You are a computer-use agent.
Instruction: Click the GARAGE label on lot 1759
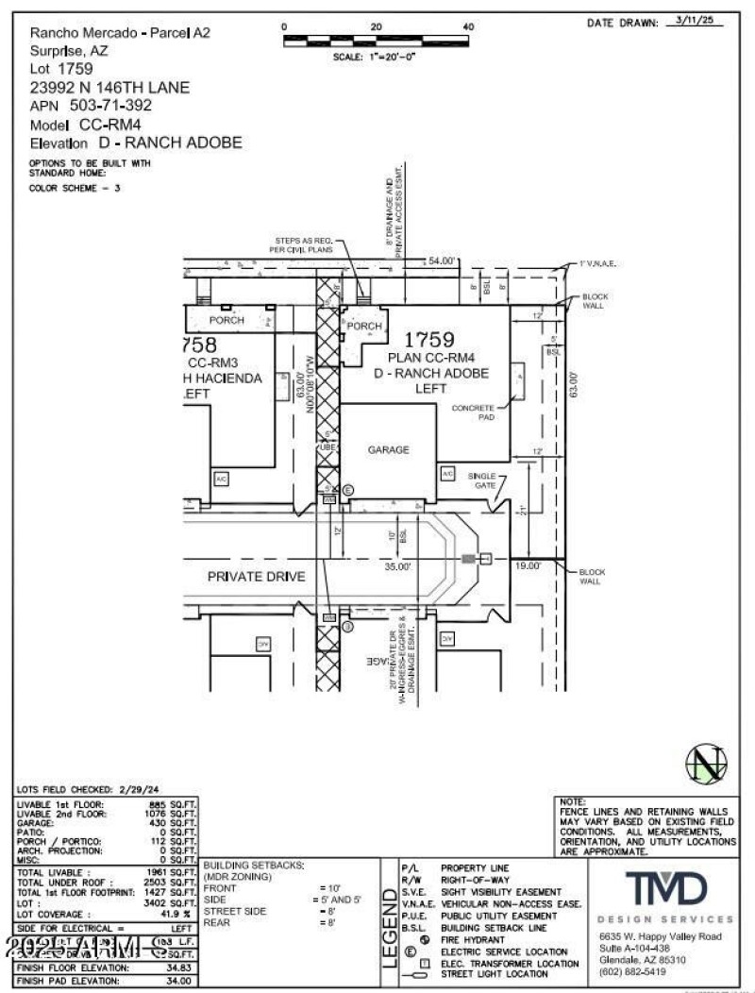(388, 450)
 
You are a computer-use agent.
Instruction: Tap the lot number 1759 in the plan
(429, 340)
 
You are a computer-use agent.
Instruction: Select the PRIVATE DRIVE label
(257, 576)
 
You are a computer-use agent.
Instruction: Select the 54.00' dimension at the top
(442, 261)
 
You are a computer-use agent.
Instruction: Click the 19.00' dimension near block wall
(528, 566)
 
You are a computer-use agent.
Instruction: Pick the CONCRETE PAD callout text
(473, 412)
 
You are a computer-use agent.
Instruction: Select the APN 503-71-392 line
(91, 106)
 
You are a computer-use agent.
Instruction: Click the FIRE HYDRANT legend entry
(473, 940)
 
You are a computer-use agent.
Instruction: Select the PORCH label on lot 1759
(364, 327)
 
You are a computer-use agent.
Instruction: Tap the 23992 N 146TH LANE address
(109, 88)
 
